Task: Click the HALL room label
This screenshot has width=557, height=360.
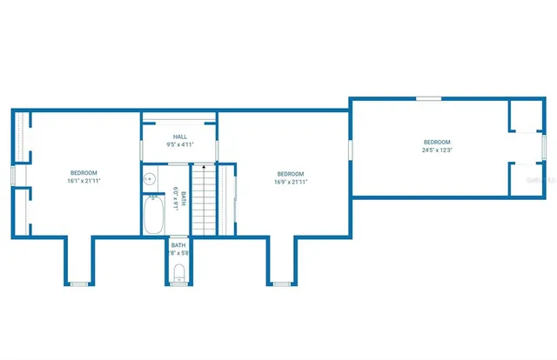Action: pos(179,137)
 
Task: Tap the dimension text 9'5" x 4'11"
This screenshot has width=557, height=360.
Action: pos(179,144)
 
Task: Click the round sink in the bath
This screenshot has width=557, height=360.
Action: pos(150,179)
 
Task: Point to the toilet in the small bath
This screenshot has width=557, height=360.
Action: pos(179,275)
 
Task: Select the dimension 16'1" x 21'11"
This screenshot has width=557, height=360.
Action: pos(84,181)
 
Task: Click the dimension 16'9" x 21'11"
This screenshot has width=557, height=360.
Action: pos(290,181)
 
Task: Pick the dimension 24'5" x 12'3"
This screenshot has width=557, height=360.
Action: pos(437,150)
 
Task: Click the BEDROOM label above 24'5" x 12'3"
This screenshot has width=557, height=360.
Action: pos(437,142)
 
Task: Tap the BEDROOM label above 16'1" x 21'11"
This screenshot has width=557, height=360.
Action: pos(84,172)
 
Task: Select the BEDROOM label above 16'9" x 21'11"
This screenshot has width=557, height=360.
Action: pos(290,172)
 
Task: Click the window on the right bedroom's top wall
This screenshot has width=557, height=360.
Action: pos(427,99)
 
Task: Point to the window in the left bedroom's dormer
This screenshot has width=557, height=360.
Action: pos(78,283)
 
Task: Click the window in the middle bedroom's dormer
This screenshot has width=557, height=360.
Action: pos(282,283)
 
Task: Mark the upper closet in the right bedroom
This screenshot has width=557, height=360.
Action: pos(525,117)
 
